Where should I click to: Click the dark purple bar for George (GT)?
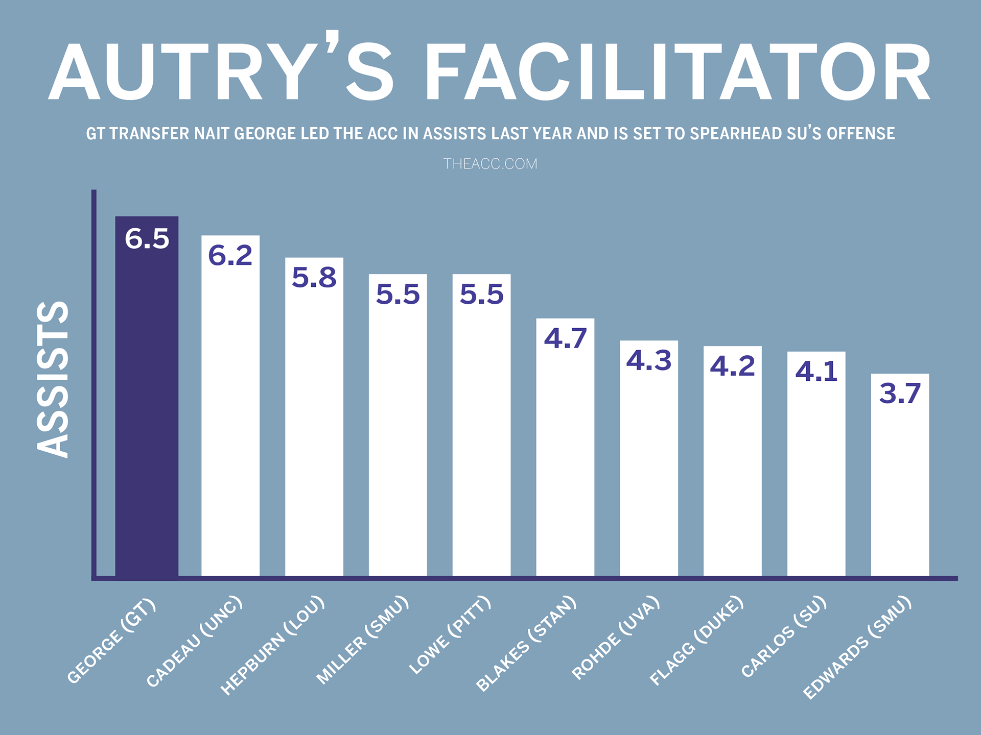tap(147, 408)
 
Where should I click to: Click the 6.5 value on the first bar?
tap(147, 239)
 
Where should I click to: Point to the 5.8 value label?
tap(314, 278)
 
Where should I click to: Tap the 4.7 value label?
tap(565, 338)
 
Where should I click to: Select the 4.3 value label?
tap(649, 360)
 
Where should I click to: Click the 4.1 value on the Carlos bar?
tap(816, 371)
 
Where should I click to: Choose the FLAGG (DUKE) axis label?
tap(696, 640)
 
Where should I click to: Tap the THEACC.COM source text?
tap(490, 164)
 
